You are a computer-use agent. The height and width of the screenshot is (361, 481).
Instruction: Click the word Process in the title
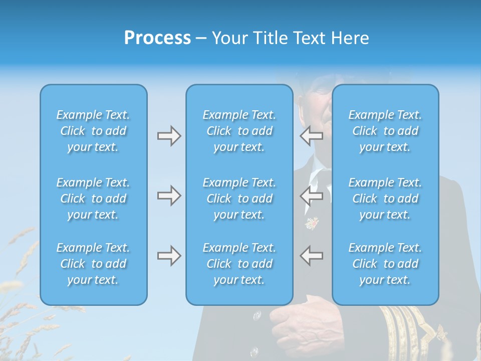click(x=157, y=38)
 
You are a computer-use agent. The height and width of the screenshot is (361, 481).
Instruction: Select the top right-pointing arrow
click(x=169, y=136)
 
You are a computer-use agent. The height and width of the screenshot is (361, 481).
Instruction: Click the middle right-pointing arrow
click(x=169, y=196)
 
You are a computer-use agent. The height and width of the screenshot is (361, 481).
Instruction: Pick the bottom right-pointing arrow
click(x=169, y=256)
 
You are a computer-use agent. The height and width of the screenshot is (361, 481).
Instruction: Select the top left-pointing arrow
click(x=312, y=135)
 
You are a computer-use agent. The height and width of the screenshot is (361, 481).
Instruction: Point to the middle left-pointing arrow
click(x=312, y=196)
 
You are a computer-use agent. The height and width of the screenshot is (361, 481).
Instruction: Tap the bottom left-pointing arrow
click(x=312, y=256)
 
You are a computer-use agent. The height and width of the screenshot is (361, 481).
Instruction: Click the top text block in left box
click(x=93, y=131)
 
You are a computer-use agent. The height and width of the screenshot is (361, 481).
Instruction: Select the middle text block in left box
click(x=93, y=199)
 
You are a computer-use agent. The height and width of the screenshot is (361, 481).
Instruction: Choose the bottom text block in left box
click(x=93, y=264)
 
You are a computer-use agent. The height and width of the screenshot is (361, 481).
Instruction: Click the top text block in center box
click(x=239, y=131)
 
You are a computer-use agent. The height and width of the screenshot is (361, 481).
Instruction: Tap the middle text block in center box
click(x=239, y=199)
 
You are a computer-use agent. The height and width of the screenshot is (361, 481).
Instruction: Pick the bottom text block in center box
click(x=239, y=264)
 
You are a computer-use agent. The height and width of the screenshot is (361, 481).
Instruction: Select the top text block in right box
click(x=385, y=131)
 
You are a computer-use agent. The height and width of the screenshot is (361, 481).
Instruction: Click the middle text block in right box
click(x=385, y=199)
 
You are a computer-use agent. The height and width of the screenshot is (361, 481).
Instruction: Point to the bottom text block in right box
click(x=385, y=264)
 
